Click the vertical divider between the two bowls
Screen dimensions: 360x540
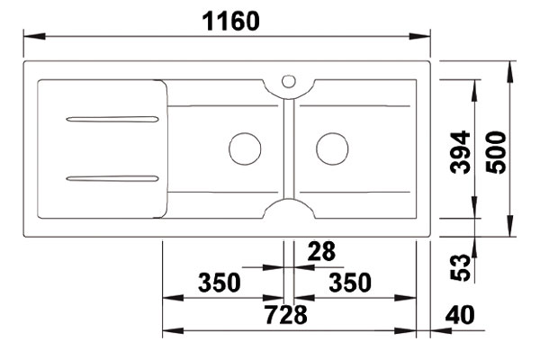click(287, 148)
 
